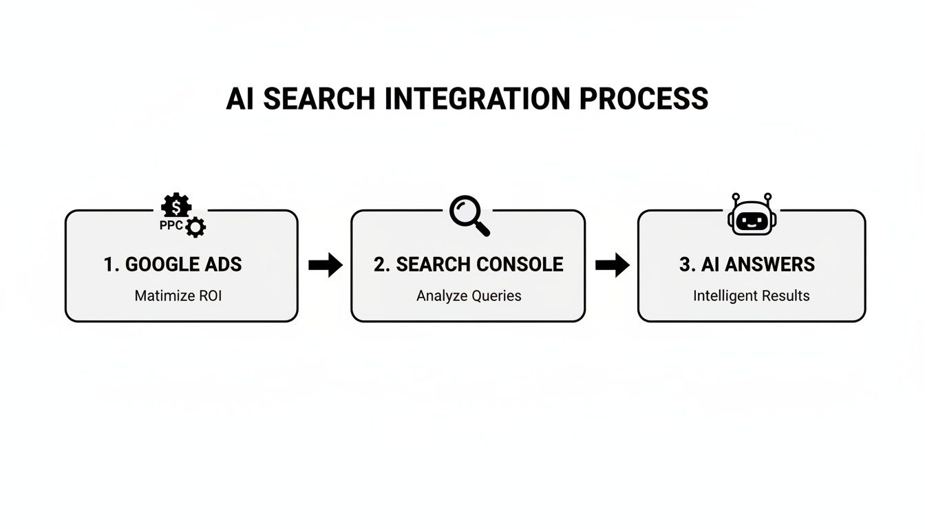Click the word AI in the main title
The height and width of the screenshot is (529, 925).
(x=241, y=99)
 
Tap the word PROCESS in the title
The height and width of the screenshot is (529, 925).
(x=644, y=99)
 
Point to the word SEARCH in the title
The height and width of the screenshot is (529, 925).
(x=320, y=99)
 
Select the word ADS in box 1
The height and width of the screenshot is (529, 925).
(x=224, y=264)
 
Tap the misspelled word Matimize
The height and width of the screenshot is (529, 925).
(x=164, y=296)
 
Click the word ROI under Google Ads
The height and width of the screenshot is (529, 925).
(x=209, y=296)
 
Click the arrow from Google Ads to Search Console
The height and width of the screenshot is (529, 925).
(x=325, y=264)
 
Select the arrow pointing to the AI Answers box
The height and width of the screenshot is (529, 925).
(x=612, y=264)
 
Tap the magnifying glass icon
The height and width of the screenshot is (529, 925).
(x=469, y=215)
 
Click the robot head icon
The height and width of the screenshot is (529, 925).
(x=752, y=216)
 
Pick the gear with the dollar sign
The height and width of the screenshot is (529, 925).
(x=176, y=206)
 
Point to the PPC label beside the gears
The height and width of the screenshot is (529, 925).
(x=171, y=225)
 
